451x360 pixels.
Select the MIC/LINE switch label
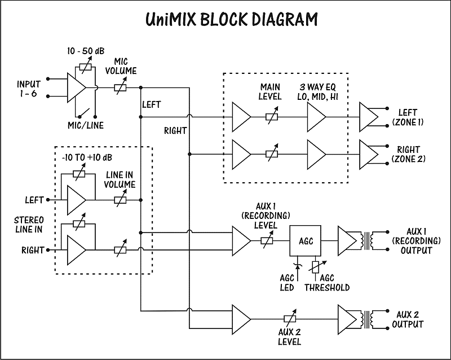[x=85, y=125]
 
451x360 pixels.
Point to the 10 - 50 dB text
[x=86, y=51]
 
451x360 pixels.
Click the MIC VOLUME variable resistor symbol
[x=121, y=87]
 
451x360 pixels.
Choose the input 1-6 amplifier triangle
[x=76, y=87]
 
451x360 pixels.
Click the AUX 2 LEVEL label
[x=289, y=336]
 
